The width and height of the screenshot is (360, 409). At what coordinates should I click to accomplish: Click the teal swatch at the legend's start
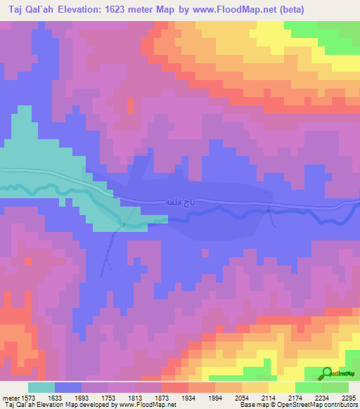click(x=41, y=387)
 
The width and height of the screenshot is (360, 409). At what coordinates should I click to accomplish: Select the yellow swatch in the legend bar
click(x=281, y=387)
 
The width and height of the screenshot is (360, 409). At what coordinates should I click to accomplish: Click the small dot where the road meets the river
click(x=123, y=225)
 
